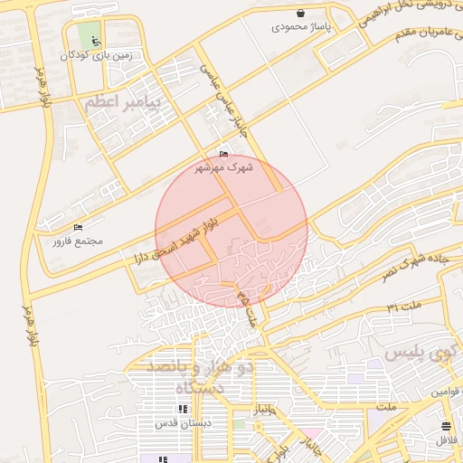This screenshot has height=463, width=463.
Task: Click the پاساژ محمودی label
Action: [x=302, y=28]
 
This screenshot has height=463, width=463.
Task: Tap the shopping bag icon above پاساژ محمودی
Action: [x=301, y=14]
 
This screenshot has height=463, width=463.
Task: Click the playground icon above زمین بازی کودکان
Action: [x=96, y=41]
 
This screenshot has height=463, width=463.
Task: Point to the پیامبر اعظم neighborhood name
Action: [x=121, y=104]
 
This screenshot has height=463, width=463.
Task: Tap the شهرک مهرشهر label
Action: [x=224, y=167]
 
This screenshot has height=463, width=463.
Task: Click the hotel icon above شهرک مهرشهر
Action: [x=224, y=154]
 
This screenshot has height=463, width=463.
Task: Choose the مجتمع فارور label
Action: [x=78, y=241]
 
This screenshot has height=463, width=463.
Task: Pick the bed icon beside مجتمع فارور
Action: [x=78, y=227]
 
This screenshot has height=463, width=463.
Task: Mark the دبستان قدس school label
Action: [x=183, y=422]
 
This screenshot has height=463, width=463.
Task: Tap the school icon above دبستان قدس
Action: [x=183, y=409]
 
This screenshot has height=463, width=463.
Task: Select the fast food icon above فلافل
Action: [x=446, y=426]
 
